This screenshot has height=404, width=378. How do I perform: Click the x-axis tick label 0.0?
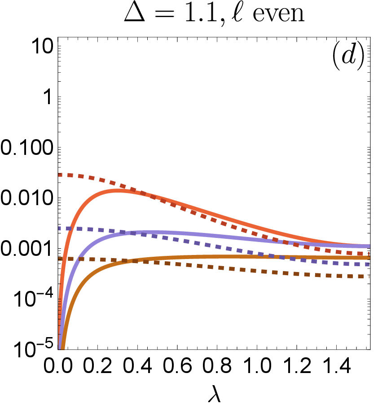pos(58,365)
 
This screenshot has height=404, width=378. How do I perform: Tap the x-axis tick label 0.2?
pos(98,365)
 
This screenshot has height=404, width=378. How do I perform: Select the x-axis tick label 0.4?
pos(137,365)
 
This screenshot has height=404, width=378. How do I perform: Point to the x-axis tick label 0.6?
pos(177,365)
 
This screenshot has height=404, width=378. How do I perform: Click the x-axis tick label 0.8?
pos(217,365)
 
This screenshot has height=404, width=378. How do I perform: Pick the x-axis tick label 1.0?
pos(257,365)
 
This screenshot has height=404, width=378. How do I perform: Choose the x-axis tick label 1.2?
pos(297,365)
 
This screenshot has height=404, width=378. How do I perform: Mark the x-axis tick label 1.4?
pos(337,365)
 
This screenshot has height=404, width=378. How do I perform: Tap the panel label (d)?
pos(348,56)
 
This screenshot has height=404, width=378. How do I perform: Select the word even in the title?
pos(278,14)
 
